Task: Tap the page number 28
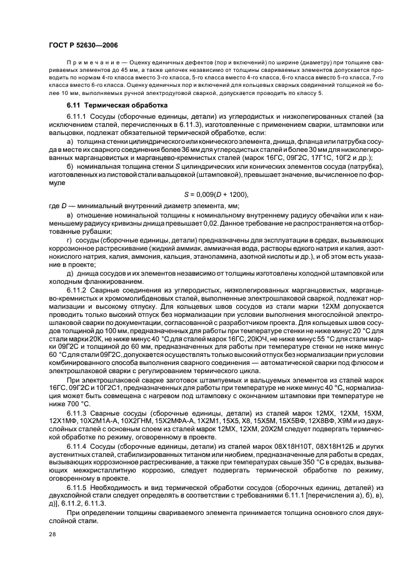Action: point(52,534)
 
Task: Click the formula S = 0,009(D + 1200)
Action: point(204,194)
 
